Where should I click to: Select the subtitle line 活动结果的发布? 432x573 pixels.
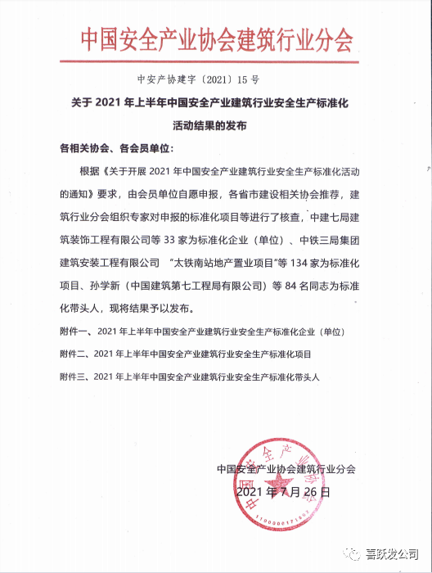tap(215, 127)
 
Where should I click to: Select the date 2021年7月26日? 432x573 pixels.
tap(283, 493)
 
